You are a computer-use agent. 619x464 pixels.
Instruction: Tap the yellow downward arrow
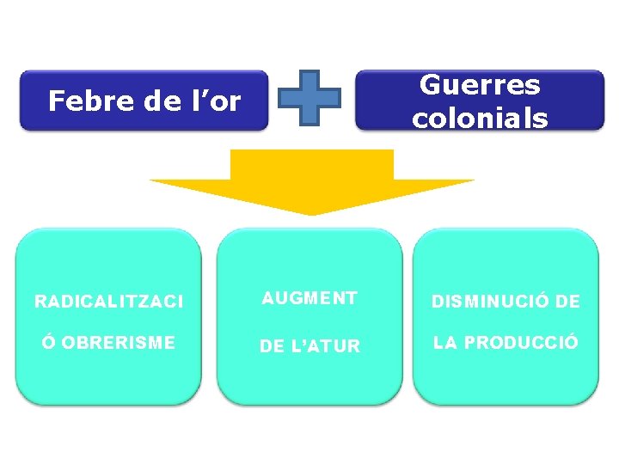point(311,182)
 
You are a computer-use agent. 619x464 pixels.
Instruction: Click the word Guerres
point(480,85)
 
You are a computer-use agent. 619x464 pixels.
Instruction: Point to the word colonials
point(480,118)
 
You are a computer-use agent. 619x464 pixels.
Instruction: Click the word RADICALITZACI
point(108,302)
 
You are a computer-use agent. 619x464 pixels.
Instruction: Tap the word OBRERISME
point(119,343)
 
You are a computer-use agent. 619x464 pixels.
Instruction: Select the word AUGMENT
point(309,298)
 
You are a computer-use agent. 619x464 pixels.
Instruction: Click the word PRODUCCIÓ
point(522,343)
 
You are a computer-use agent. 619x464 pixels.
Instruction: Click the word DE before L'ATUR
point(273,346)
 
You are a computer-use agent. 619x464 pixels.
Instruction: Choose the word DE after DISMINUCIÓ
point(568,302)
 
